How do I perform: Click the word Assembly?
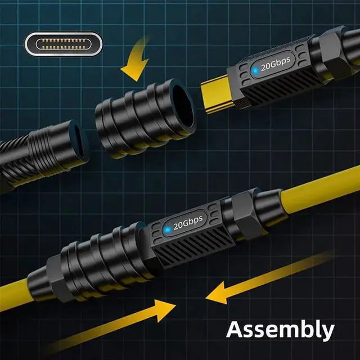280,330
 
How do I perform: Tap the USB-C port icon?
64,44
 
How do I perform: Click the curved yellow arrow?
136,60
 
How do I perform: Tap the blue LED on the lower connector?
168,229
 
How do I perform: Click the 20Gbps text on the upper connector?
276,64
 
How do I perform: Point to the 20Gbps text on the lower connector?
188,223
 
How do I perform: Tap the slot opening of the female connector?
80,141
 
